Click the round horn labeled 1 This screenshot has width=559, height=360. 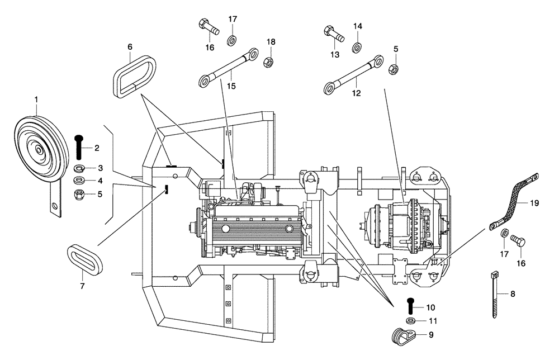coord(37,148)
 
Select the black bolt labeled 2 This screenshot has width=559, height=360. coord(78,147)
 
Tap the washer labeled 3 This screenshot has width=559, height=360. coord(79,168)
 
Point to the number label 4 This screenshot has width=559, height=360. coord(101,181)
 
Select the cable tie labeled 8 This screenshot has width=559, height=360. coord(495,293)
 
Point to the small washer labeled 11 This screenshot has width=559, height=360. coord(410,321)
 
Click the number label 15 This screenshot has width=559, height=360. coord(231,86)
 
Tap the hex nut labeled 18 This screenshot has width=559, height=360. coord(268,60)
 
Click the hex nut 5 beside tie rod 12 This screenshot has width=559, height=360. coord(393,68)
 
